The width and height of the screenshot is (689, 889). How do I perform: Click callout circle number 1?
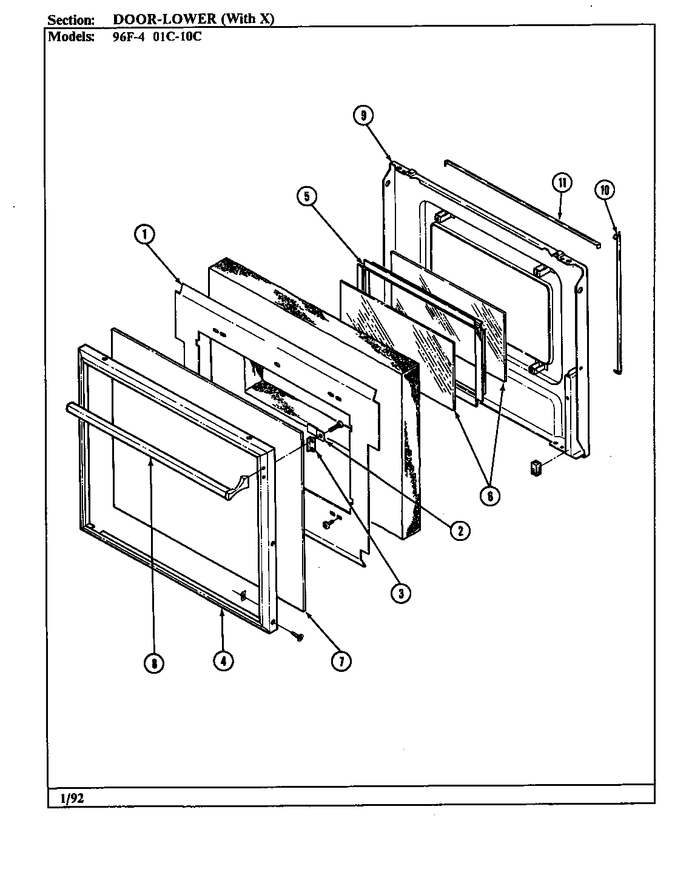[145, 235]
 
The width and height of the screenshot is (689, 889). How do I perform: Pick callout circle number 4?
[223, 662]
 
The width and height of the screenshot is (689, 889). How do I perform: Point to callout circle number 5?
[308, 196]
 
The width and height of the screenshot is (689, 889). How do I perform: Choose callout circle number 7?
[340, 662]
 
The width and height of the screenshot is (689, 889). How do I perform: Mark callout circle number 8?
[154, 663]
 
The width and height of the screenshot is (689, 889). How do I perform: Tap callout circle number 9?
[363, 115]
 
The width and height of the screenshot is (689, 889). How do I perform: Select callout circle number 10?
[604, 190]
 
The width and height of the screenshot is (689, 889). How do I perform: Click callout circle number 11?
[562, 183]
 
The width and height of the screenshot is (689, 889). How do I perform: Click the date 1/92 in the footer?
[72, 798]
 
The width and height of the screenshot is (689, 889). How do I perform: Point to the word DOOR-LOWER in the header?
[164, 19]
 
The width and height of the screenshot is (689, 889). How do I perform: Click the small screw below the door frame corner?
[298, 636]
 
